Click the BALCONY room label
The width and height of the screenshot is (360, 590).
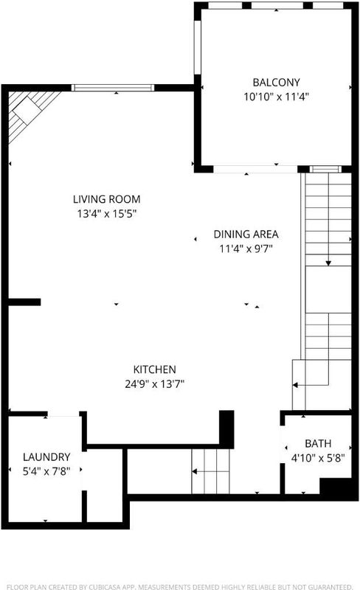[277, 83]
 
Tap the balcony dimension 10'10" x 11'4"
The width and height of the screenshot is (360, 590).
[276, 97]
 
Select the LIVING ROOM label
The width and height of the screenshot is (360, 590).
[106, 199]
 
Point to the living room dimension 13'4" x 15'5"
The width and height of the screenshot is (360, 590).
[106, 214]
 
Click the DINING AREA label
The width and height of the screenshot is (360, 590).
[246, 234]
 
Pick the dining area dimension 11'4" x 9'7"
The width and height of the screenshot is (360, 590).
[246, 249]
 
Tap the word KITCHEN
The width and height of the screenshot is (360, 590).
[154, 369]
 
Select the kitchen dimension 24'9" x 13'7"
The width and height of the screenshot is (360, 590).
[154, 384]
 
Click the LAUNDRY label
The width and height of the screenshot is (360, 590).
[46, 457]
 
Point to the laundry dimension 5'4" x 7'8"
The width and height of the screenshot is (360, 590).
[46, 471]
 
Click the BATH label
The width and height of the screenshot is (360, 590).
[318, 444]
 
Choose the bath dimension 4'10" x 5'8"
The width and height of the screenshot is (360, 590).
[318, 458]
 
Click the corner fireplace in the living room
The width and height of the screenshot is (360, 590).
[28, 113]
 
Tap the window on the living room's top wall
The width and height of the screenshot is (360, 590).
[113, 88]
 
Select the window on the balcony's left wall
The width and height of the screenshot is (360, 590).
[197, 47]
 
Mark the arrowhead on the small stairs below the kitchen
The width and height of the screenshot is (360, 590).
[194, 471]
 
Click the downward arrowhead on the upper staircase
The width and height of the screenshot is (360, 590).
[328, 263]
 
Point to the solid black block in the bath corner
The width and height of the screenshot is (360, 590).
[338, 488]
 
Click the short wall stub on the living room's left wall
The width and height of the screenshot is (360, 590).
[24, 302]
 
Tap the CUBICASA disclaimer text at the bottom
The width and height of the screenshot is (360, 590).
[179, 586]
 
